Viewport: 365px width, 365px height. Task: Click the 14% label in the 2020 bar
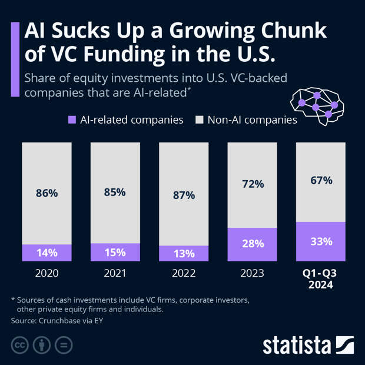tap(47, 253)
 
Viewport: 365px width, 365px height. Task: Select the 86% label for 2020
tap(47, 193)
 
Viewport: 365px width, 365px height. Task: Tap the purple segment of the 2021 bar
tap(115, 252)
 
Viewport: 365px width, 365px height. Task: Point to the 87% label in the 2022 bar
tap(183, 195)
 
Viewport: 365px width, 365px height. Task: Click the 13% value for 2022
tap(183, 253)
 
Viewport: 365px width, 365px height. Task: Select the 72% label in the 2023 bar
tap(252, 184)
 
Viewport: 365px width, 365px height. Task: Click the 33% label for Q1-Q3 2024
tap(320, 241)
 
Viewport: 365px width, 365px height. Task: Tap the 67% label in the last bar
tap(320, 180)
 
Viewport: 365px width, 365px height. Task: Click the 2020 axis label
tap(47, 274)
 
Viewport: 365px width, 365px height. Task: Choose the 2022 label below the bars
tap(183, 274)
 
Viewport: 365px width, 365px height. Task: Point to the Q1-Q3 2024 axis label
tap(320, 279)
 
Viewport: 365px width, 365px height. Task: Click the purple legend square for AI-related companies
tap(72, 120)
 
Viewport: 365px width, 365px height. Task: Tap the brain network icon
tap(318, 104)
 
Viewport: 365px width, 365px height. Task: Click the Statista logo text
tap(297, 345)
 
